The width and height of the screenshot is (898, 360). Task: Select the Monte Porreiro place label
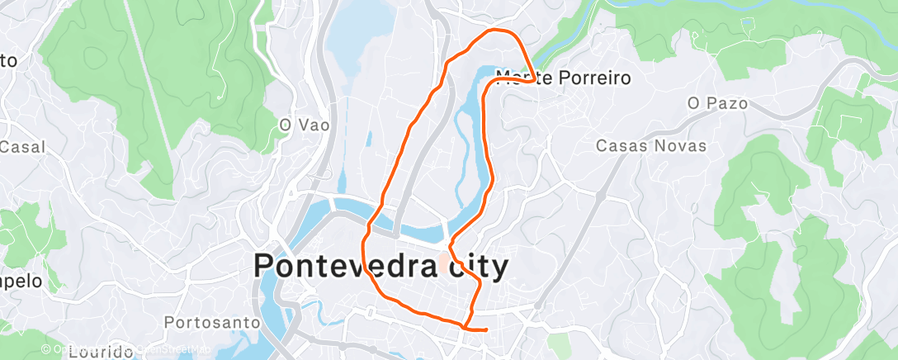[x=563, y=78]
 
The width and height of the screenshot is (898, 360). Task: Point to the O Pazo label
[x=717, y=104]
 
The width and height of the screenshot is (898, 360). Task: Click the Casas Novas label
[x=651, y=146]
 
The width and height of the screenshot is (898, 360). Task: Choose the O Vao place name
[x=304, y=126]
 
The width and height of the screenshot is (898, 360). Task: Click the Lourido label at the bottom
[x=101, y=353]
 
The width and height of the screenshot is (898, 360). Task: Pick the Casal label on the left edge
[x=22, y=147]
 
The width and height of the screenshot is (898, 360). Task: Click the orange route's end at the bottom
[x=486, y=329]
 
